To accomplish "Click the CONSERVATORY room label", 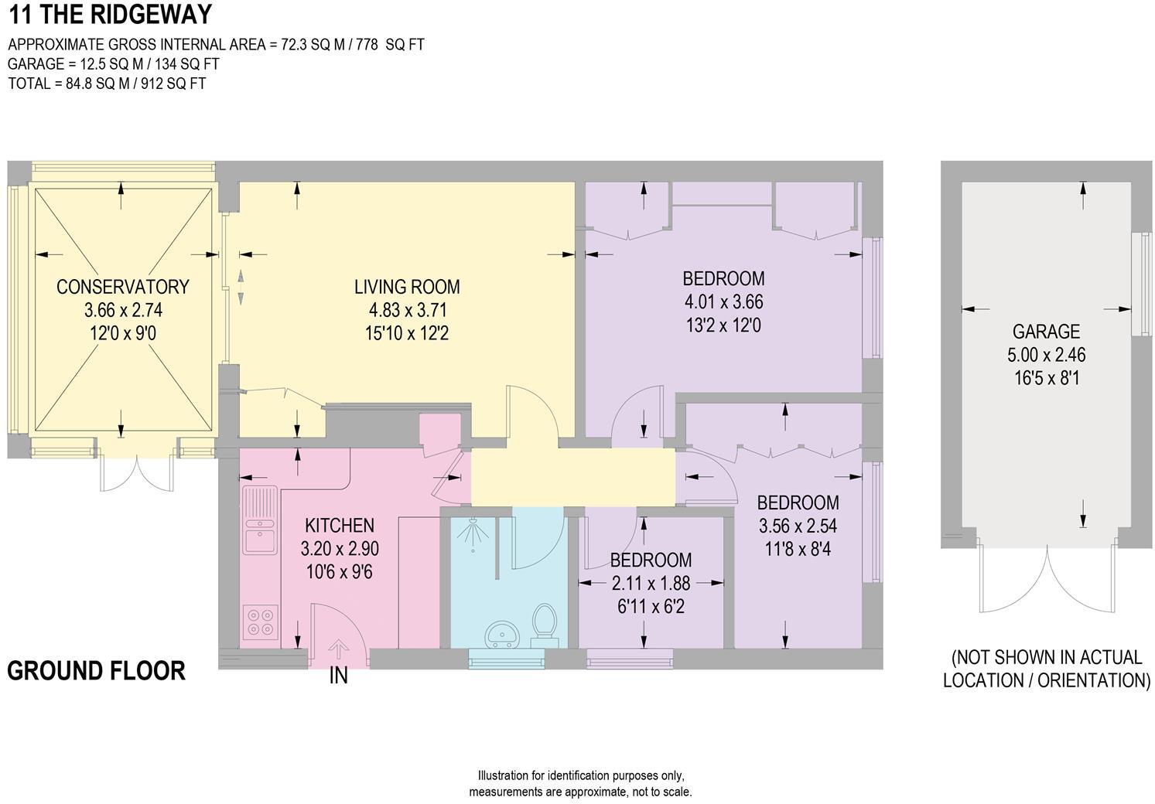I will [122, 287].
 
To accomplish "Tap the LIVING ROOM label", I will [407, 287].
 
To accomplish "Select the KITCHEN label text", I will [340, 526].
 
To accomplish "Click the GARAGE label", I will [1046, 332].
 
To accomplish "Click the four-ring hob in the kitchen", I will [260, 622].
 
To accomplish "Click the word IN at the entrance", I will [339, 676].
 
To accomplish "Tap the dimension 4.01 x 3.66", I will [723, 302].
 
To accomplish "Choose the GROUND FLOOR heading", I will [97, 670].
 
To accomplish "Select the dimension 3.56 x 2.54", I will [798, 526].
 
